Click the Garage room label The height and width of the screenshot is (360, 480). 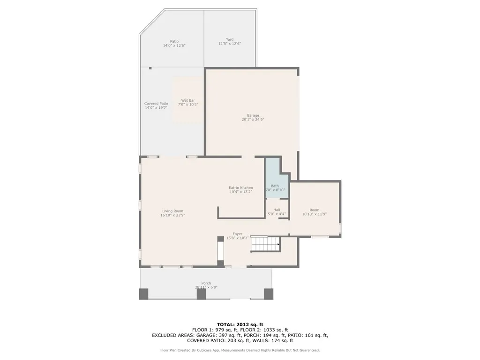pos(253,115)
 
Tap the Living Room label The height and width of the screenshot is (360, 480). pos(172,211)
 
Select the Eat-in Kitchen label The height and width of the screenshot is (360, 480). pos(240,187)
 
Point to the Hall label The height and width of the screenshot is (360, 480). pos(277,210)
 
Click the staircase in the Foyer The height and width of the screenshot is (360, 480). pos(265,244)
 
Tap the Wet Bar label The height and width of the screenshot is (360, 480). pos(188,100)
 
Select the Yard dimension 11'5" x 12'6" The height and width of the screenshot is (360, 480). pos(230,44)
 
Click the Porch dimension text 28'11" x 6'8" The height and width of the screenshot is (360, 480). pos(206,287)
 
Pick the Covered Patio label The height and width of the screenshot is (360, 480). pos(156,104)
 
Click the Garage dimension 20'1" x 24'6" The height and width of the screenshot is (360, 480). pos(253,120)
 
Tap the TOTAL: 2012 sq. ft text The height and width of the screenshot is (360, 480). pos(240,324)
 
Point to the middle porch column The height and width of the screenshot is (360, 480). pos(201,294)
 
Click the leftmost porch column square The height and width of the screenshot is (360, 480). pos(143,294)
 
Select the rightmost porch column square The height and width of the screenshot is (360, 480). pos(268,294)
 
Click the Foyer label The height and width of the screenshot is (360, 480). pos(238,234)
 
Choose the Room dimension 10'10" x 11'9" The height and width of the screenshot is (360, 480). pos(314,214)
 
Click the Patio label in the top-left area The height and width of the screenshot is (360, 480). pos(174,41)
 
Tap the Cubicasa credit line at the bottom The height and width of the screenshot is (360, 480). pos(240,350)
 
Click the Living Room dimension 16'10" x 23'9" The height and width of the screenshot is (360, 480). pos(172,215)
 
